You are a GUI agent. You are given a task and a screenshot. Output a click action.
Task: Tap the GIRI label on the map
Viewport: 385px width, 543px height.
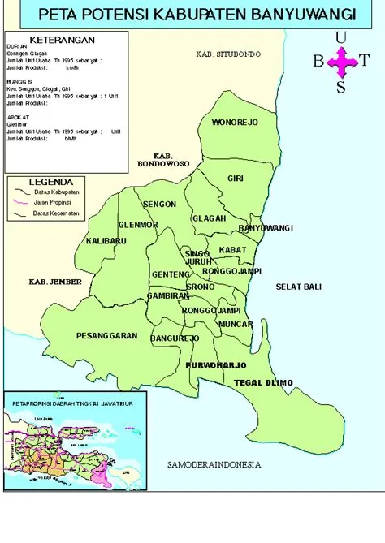click(236, 178)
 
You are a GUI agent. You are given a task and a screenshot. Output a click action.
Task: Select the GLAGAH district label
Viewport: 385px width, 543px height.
click(208, 218)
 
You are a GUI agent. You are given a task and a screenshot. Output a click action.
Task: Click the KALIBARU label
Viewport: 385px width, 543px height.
click(106, 242)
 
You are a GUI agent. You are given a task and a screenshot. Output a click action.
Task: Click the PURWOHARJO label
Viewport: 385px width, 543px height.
click(215, 366)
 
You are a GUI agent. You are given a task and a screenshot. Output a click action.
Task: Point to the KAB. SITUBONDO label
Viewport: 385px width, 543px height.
click(228, 54)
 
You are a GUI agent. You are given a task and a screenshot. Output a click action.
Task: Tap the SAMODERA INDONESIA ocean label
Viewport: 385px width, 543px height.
click(213, 465)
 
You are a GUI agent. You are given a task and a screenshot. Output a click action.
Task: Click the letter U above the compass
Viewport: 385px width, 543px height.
click(340, 36)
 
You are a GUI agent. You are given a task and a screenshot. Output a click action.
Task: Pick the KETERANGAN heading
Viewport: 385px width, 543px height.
click(61, 40)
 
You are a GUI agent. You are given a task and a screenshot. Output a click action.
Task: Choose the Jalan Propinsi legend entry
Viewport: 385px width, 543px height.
click(52, 200)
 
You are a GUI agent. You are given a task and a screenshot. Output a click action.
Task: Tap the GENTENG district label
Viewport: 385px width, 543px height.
click(171, 274)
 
